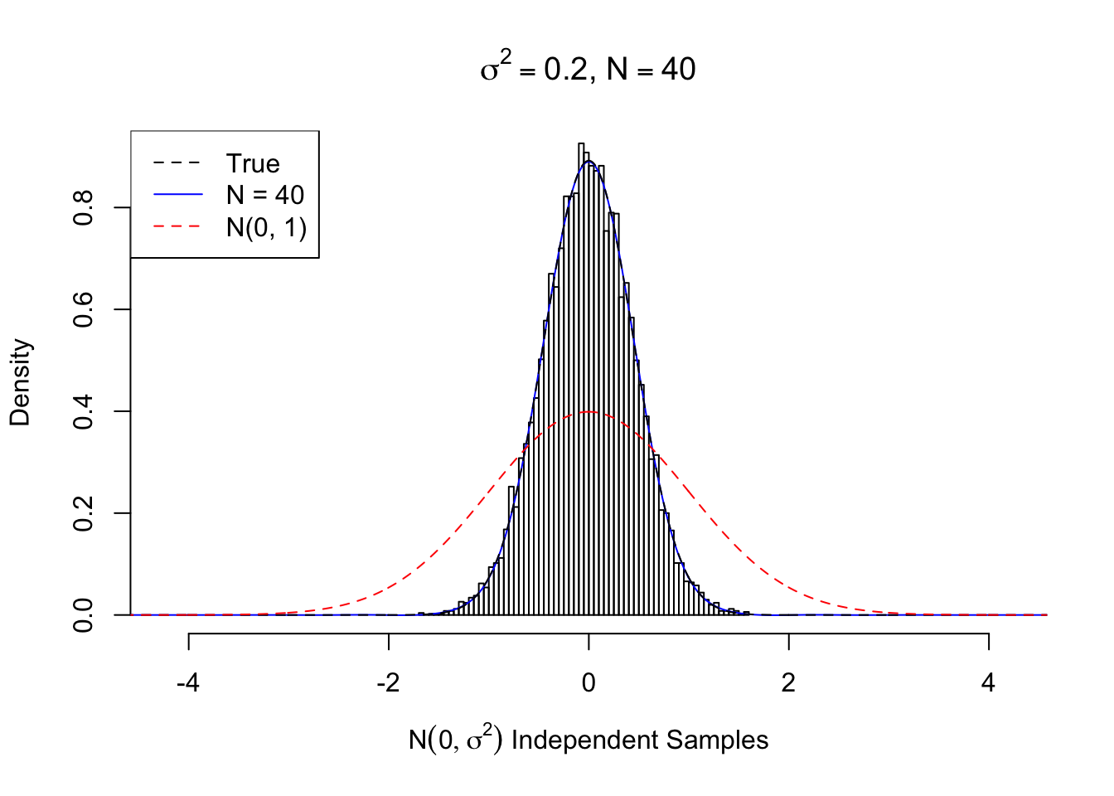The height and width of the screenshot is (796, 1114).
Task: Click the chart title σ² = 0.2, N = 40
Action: pos(588,69)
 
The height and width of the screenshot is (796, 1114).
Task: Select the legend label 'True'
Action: pos(253,163)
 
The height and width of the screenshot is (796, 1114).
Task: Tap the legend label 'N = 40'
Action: pos(265,195)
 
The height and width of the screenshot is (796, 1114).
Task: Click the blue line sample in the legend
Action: pos(177,195)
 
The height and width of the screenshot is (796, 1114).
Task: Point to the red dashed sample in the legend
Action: pos(177,226)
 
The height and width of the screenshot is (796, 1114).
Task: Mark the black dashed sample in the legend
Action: pos(177,163)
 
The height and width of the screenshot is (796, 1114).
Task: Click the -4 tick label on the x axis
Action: pos(188,682)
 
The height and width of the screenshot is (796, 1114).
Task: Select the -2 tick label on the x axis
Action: pos(388,682)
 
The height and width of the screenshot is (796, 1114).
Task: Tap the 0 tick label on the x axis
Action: pos(588,682)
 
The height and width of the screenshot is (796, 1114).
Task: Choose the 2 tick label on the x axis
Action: pos(788,682)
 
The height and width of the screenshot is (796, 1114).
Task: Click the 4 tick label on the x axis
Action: pos(988,682)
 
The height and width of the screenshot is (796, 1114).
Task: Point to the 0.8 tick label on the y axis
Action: pos(83,207)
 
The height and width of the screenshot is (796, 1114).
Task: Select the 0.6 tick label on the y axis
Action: pos(83,309)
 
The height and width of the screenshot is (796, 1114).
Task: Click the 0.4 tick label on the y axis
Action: pos(83,411)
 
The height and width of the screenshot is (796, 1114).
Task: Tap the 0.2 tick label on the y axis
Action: pos(83,513)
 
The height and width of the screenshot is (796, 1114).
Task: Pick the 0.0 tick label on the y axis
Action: pos(83,614)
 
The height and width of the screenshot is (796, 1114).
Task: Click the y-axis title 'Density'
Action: pos(20,381)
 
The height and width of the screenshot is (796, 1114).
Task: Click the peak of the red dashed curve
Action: pos(588,411)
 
